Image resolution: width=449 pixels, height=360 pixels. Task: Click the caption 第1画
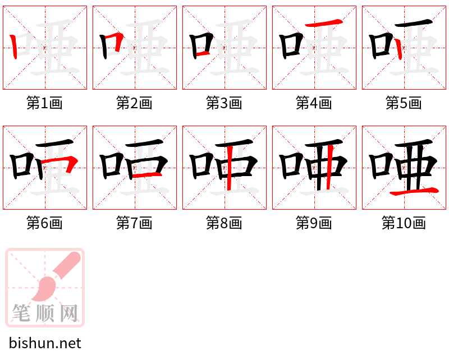click(44, 103)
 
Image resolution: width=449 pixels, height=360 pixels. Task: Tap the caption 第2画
click(134, 103)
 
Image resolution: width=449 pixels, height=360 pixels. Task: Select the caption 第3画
click(224, 103)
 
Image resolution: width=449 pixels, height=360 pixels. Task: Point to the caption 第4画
click(314, 103)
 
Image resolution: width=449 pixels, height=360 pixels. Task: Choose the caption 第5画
click(404, 103)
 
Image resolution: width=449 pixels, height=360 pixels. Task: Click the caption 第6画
click(44, 223)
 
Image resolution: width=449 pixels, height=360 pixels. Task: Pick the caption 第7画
click(134, 223)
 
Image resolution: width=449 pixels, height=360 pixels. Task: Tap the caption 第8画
click(224, 223)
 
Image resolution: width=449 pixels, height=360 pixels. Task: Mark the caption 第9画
click(314, 223)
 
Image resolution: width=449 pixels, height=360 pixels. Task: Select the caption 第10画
click(404, 223)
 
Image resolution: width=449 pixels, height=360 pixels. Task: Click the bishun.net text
click(45, 343)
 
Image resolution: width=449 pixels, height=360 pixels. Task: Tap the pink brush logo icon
click(45, 287)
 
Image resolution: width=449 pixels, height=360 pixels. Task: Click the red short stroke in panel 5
click(398, 49)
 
